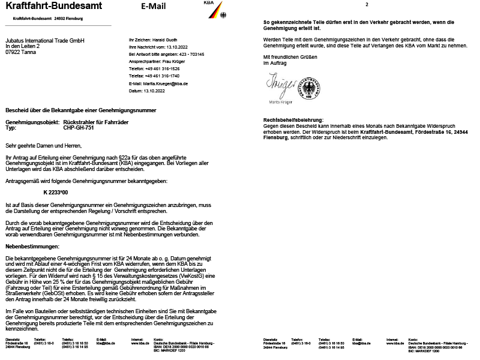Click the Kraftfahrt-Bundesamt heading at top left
pyautogui.click(x=53, y=7)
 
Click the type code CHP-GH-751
pyautogui.click(x=79, y=128)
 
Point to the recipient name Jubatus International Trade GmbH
pyautogui.click(x=45, y=41)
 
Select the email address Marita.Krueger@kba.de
pyautogui.click(x=165, y=83)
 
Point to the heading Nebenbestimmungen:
pyautogui.click(x=32, y=247)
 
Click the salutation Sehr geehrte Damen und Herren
pyautogui.click(x=43, y=145)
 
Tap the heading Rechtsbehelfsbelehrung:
pyautogui.click(x=293, y=121)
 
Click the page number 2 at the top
pyautogui.click(x=366, y=5)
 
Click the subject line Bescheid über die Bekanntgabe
pyautogui.click(x=80, y=110)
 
